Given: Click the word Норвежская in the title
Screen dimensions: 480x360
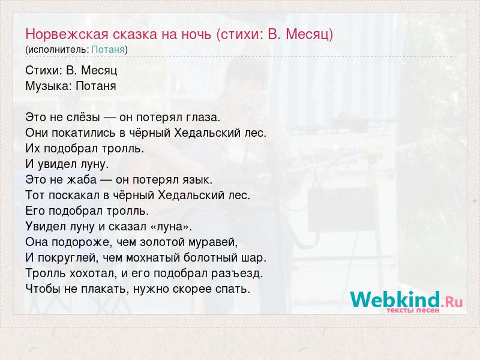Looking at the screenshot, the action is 67,34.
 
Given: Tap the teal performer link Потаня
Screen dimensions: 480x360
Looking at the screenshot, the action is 108,50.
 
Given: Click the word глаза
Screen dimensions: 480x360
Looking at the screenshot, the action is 203,118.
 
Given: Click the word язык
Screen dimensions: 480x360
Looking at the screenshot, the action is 197,179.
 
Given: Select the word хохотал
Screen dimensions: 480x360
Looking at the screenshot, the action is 94,273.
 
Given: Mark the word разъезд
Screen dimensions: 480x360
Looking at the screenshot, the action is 237,274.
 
